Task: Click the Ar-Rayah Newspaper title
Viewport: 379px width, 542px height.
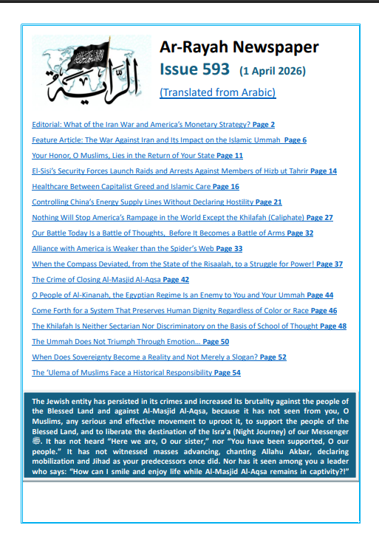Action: point(239,48)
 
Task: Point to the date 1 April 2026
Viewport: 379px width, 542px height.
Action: point(272,72)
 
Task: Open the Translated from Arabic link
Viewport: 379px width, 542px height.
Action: point(217,93)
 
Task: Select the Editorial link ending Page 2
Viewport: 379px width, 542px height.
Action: point(153,125)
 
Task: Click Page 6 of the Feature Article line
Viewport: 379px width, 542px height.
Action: point(293,140)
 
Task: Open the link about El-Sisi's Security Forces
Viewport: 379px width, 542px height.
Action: point(184,171)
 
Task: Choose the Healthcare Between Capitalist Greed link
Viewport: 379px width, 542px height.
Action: point(135,187)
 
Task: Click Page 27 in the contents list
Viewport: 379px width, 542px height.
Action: point(319,218)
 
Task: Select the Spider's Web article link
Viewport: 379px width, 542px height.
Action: point(137,249)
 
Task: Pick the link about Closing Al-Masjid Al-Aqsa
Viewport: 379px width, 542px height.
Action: point(110,280)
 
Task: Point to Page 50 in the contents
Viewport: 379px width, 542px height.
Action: point(216,342)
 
